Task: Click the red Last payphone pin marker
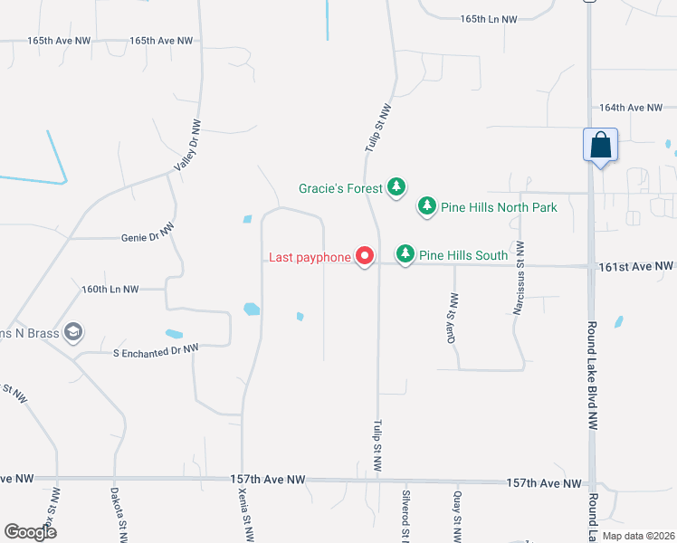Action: click(365, 257)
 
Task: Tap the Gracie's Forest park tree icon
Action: click(396, 187)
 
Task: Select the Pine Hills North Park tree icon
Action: click(426, 207)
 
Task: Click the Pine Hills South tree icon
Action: click(406, 254)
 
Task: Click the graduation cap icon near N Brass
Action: click(73, 332)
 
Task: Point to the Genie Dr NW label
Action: click(147, 238)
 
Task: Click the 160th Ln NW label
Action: click(110, 290)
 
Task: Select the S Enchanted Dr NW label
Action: click(155, 348)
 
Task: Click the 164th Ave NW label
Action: click(632, 108)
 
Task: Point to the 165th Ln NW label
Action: click(488, 19)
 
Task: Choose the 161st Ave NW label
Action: click(636, 266)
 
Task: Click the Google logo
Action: click(30, 532)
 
